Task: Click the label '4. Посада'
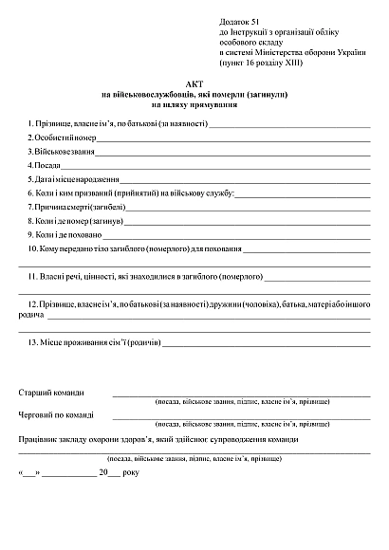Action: [x=43, y=165]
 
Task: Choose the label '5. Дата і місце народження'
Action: [x=73, y=179]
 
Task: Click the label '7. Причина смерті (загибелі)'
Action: [x=76, y=207]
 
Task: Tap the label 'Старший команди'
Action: [x=51, y=393]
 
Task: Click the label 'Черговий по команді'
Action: [x=56, y=415]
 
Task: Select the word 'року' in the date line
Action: [x=131, y=471]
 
